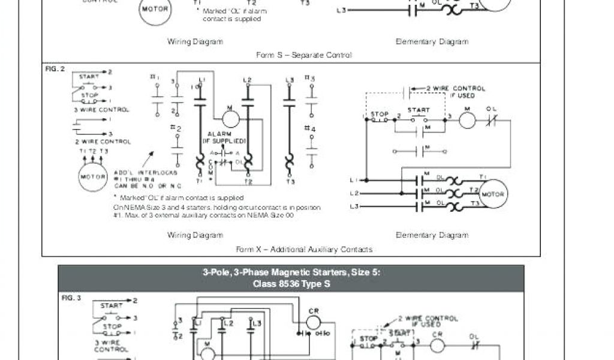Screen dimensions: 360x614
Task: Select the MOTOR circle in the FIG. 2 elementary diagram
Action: click(x=492, y=195)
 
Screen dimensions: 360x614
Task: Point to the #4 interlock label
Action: click(x=309, y=128)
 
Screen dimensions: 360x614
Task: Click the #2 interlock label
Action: click(x=175, y=128)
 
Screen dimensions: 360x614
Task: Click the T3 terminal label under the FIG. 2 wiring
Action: click(x=291, y=181)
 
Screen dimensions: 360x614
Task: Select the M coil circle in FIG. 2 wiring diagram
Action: click(x=230, y=118)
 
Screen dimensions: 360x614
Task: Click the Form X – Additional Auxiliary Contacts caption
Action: click(x=304, y=249)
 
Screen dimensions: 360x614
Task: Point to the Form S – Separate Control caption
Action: click(x=304, y=55)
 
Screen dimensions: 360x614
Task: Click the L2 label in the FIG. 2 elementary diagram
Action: click(x=355, y=193)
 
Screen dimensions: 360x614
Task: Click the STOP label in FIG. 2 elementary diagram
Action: click(x=380, y=114)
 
